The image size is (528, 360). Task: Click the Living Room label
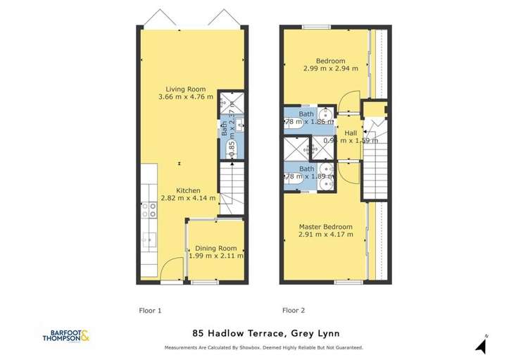tap(185, 89)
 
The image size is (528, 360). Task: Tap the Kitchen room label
tap(188, 190)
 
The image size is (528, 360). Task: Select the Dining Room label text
tap(216, 248)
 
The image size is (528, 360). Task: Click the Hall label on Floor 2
tap(350, 132)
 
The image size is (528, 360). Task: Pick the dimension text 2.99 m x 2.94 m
tap(330, 69)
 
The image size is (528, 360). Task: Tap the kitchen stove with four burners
tap(149, 210)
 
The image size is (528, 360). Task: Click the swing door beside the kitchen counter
tap(168, 269)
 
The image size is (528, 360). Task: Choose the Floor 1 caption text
tap(151, 310)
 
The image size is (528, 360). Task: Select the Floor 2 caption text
tap(294, 310)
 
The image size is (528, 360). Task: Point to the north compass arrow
tap(482, 345)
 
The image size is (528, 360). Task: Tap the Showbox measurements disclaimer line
tap(263, 348)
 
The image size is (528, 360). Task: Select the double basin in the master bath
tap(326, 176)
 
